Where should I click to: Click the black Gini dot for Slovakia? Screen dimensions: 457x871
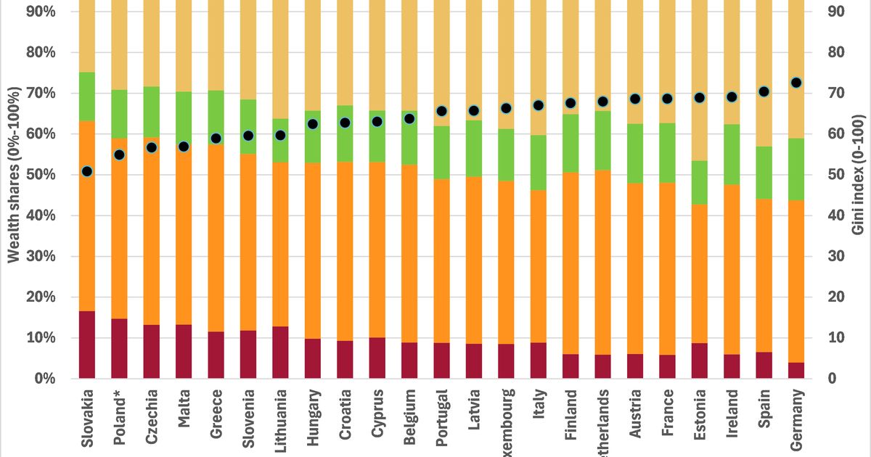(87, 171)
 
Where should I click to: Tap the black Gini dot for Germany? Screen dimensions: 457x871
(796, 83)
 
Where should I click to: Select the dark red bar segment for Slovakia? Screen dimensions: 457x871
(87, 345)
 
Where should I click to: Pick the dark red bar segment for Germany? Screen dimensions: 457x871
(796, 370)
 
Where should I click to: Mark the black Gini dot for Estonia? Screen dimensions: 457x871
(699, 98)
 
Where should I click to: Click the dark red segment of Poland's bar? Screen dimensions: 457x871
(119, 348)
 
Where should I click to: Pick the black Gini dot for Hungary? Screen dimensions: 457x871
(313, 124)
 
